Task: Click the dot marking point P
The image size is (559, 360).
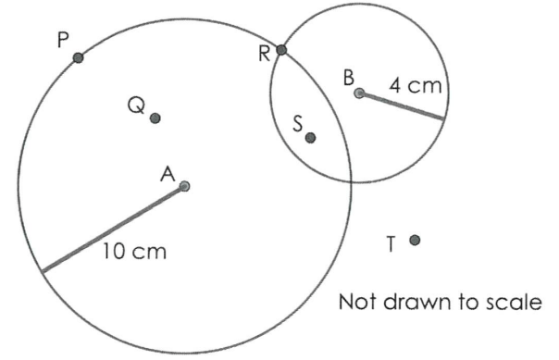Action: click(78, 57)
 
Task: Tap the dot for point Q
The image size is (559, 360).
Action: click(155, 118)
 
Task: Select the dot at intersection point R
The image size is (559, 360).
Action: click(281, 50)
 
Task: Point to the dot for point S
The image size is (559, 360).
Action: click(311, 138)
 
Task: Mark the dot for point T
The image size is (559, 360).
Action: click(415, 241)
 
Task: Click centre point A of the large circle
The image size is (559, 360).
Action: click(185, 186)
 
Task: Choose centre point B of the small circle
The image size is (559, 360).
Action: click(360, 93)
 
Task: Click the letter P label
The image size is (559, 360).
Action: click(63, 40)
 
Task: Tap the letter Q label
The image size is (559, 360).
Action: click(137, 106)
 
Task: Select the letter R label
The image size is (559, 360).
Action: click(264, 55)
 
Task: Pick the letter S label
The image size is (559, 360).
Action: click(298, 124)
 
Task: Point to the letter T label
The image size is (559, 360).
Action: click(391, 244)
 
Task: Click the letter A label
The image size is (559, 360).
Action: click(168, 174)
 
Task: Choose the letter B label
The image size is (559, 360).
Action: click(349, 78)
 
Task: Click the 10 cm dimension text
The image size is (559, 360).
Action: click(135, 251)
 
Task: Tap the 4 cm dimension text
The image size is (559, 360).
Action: click(416, 86)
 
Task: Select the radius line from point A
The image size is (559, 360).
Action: click(113, 230)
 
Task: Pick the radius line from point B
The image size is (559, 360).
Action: click(402, 106)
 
